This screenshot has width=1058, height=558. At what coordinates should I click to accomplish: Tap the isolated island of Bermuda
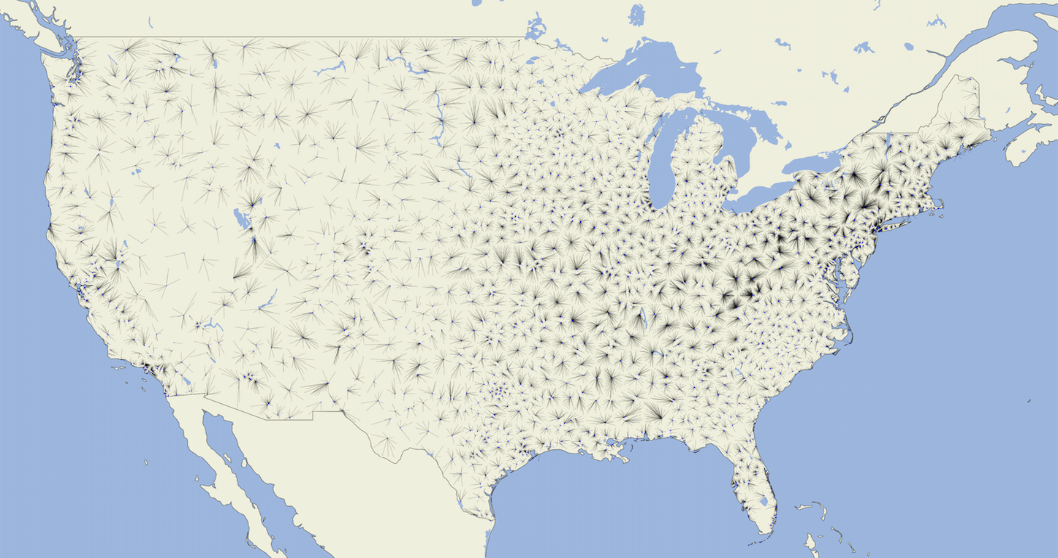coord(1029,400)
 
